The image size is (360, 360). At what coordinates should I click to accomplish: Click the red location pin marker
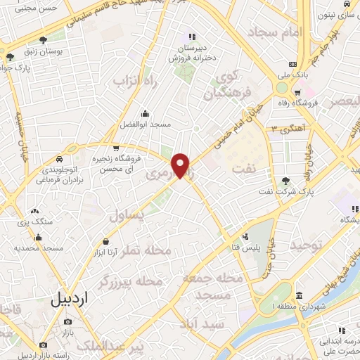(181, 165)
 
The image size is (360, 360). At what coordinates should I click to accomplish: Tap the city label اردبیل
(70, 300)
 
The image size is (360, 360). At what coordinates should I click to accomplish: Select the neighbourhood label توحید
(307, 245)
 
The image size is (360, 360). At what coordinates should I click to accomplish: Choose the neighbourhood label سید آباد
(203, 324)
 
